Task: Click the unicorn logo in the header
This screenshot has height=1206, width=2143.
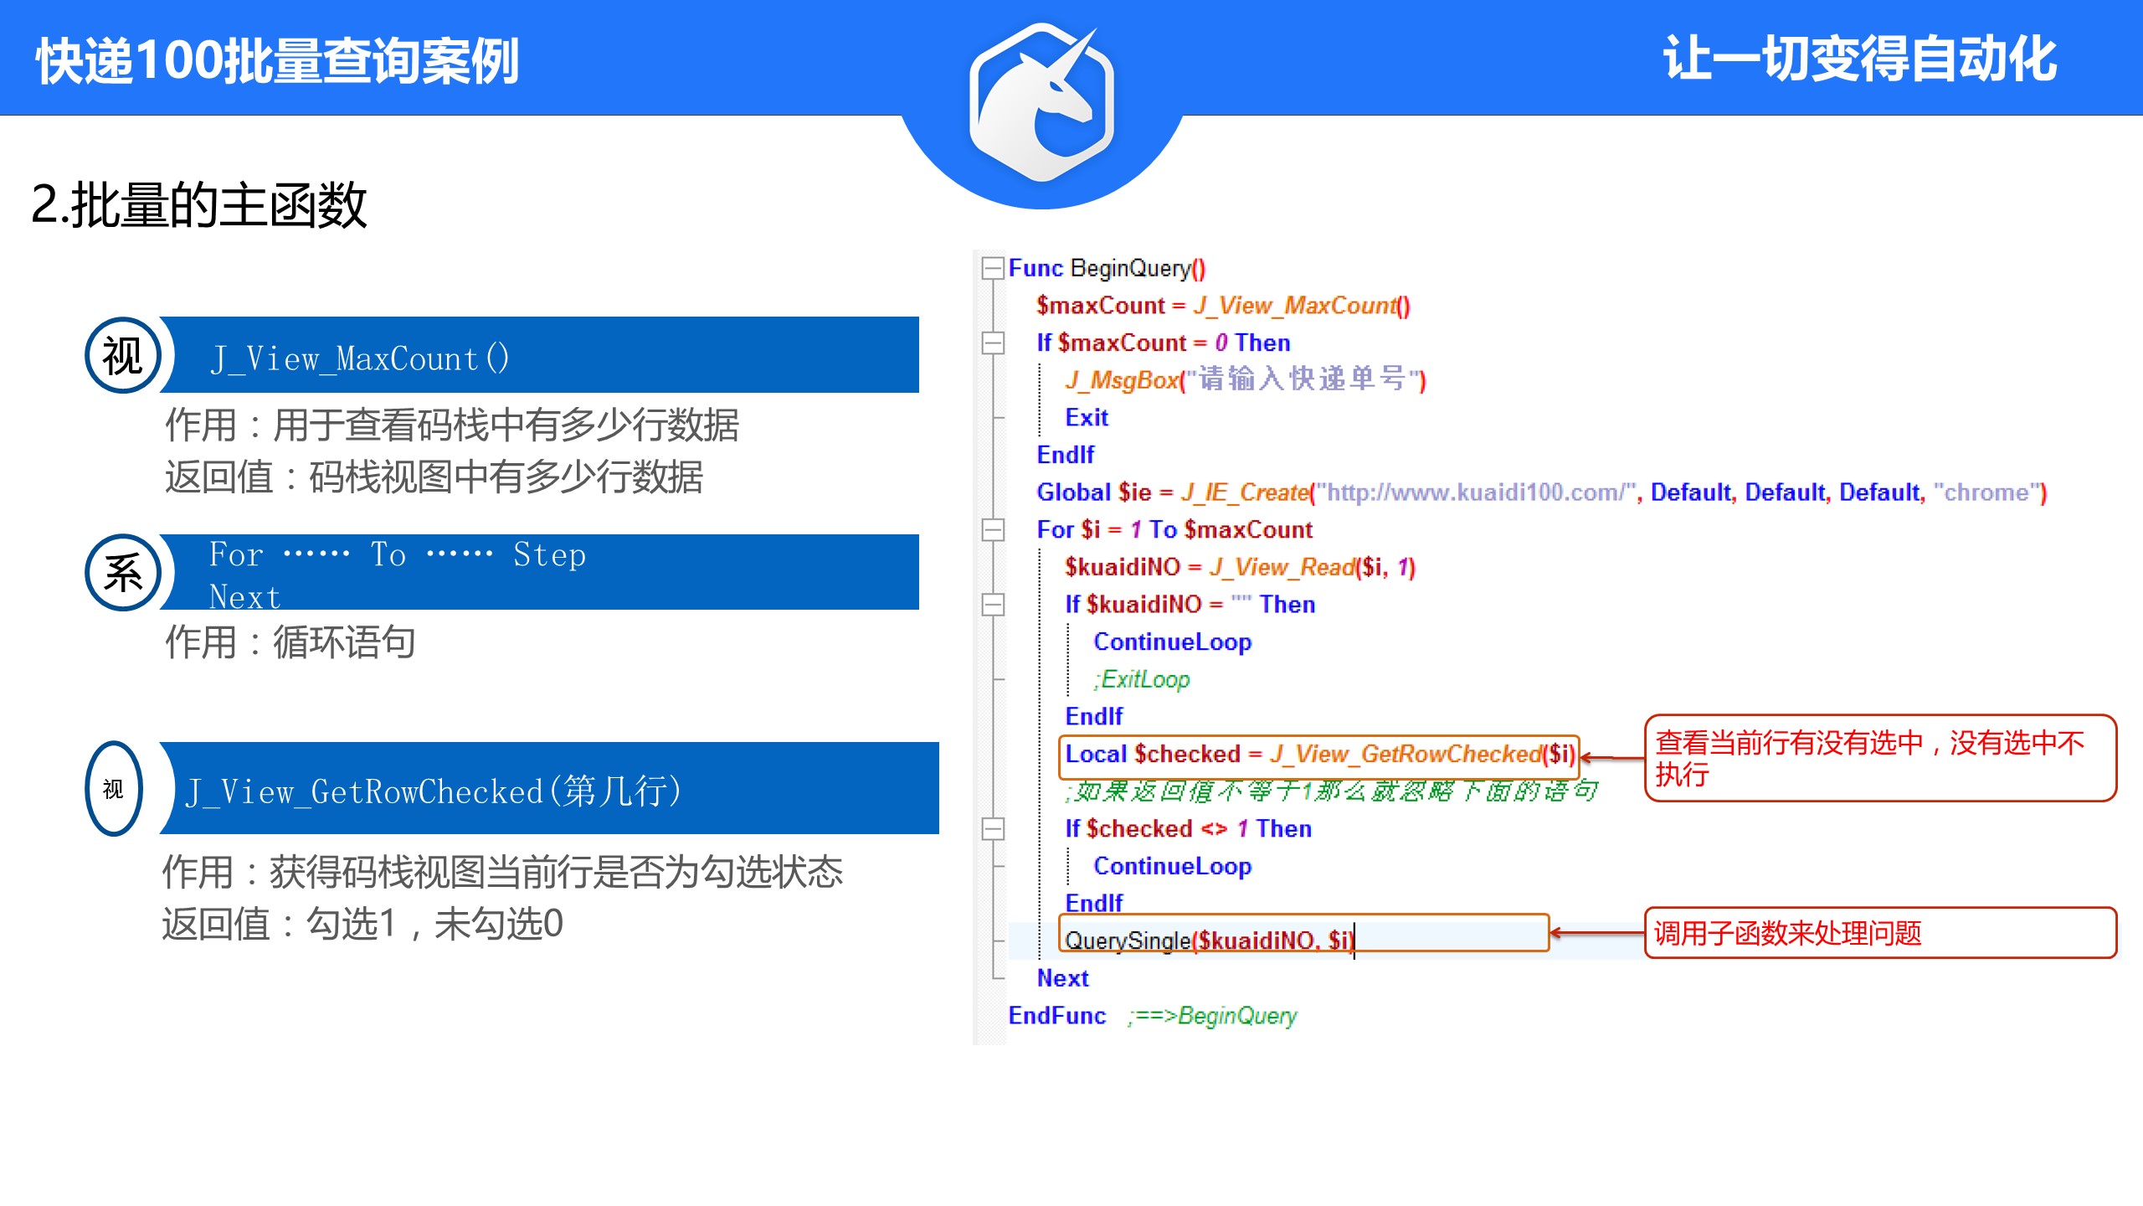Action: click(x=1041, y=102)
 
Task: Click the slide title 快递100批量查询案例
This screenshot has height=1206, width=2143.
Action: click(x=277, y=60)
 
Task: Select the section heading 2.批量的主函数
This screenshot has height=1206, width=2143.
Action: click(x=199, y=205)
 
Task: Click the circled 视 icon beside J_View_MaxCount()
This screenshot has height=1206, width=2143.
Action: click(x=123, y=356)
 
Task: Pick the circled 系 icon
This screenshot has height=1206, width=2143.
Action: click(x=123, y=573)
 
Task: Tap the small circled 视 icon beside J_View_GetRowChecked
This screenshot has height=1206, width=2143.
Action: click(x=114, y=788)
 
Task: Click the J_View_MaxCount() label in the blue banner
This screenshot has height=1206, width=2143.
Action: click(x=360, y=358)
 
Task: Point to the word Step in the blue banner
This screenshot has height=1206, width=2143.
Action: click(x=549, y=554)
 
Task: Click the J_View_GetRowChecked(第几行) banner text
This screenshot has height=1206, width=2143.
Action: click(x=434, y=791)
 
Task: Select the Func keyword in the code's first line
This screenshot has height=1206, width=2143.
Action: click(x=1035, y=268)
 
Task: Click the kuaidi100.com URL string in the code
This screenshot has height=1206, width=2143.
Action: click(x=1476, y=492)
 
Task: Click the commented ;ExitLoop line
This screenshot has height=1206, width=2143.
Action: click(x=1143, y=679)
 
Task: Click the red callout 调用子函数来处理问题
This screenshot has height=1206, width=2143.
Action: click(x=1787, y=933)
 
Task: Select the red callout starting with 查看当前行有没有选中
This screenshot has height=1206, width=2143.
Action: click(x=1870, y=758)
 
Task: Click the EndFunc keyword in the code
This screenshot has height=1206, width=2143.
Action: click(x=1056, y=1016)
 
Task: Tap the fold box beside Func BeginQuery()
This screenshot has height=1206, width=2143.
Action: click(x=993, y=268)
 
